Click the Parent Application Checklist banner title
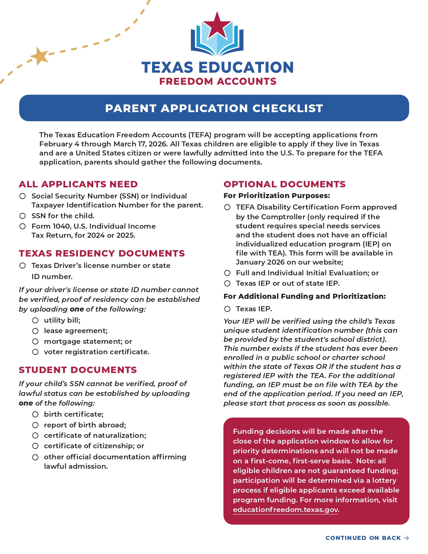coord(214,108)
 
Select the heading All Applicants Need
coord(78,184)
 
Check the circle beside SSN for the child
coord(22,216)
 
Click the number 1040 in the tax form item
coord(60,226)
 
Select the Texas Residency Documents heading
coord(102,253)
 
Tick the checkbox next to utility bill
coord(35,320)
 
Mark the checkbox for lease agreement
coord(35,331)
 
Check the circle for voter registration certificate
coord(35,352)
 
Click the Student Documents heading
coord(78,370)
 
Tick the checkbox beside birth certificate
coord(35,415)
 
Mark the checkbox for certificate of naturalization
coord(35,435)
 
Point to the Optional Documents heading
coord(284,184)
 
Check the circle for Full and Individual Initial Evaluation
coord(227,273)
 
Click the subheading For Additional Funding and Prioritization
coord(304,296)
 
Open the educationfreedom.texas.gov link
coord(285,510)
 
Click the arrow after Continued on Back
coord(407,538)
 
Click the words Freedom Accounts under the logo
coord(218,82)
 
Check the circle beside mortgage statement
coord(35,341)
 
